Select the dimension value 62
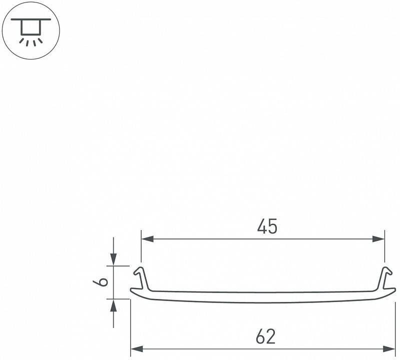[265, 336]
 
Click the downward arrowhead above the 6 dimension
[114, 259]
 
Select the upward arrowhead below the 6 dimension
[114, 305]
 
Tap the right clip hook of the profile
[385, 277]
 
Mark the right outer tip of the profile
[394, 292]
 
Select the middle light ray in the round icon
[31, 42]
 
